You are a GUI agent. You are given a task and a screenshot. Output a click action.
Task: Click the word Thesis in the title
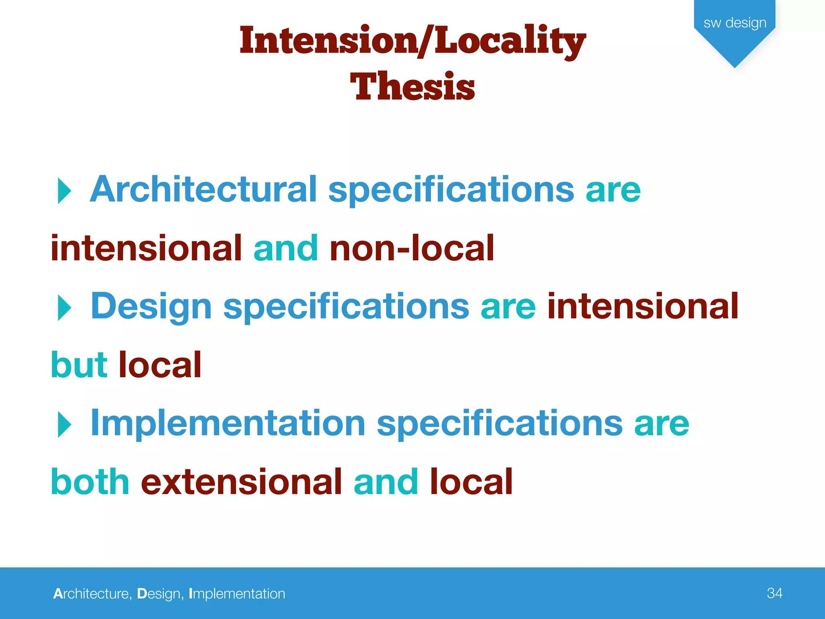pyautogui.click(x=412, y=86)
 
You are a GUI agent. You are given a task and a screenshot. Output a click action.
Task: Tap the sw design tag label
pyautogui.click(x=735, y=23)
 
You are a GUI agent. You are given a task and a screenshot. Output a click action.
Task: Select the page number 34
pyautogui.click(x=775, y=593)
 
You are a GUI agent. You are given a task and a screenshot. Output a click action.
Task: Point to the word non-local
pyautogui.click(x=412, y=248)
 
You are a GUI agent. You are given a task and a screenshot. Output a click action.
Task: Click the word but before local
pyautogui.click(x=79, y=365)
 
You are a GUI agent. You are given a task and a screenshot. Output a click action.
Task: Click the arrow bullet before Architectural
pyautogui.click(x=64, y=191)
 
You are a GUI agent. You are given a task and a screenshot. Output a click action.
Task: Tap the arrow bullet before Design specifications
pyautogui.click(x=64, y=307)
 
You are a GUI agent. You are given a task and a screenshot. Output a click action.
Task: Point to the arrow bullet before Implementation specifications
pyautogui.click(x=64, y=424)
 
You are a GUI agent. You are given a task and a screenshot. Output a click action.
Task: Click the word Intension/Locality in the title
pyautogui.click(x=412, y=41)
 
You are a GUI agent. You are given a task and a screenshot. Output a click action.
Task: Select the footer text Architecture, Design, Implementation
pyautogui.click(x=169, y=594)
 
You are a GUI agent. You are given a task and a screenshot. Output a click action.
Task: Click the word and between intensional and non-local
pyautogui.click(x=286, y=248)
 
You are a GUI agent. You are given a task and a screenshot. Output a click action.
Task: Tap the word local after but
pyautogui.click(x=160, y=365)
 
